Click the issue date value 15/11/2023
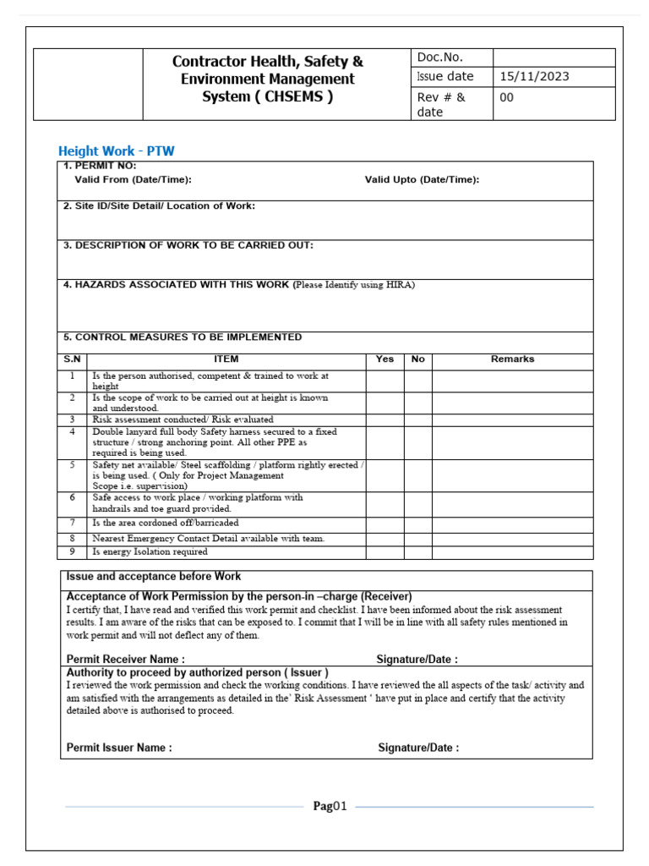coord(534,77)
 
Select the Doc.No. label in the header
coord(440,58)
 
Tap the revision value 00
coord(507,97)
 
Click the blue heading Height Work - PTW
coord(116,151)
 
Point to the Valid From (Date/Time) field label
coord(133,179)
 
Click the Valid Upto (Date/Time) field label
coord(422,179)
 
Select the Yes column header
coord(384,359)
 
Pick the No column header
coord(417,359)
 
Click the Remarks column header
coord(512,359)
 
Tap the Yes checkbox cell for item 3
coord(384,419)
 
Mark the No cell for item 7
coord(417,523)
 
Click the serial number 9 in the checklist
coord(73,552)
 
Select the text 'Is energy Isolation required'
coord(150,552)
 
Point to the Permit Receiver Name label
coord(125,659)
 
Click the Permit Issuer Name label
coord(119,748)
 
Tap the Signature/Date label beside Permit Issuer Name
coord(418,748)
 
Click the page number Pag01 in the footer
coord(330,806)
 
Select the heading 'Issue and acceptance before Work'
coord(153,577)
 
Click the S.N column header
coord(73,359)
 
